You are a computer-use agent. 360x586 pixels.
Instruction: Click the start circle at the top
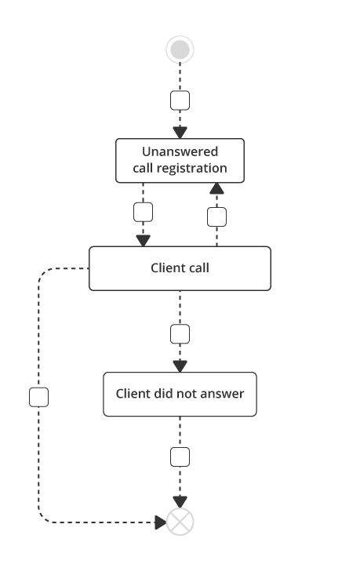(x=180, y=50)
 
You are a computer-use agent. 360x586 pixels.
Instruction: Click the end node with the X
(x=180, y=522)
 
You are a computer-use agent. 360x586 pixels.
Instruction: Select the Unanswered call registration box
(x=180, y=160)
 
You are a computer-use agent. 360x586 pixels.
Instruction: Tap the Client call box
(x=180, y=268)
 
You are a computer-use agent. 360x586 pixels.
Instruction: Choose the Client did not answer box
(x=180, y=394)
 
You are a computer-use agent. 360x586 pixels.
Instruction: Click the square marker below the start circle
(x=180, y=100)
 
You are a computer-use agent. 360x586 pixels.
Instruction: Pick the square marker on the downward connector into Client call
(x=143, y=212)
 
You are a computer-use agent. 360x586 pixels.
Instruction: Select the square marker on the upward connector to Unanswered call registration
(x=216, y=217)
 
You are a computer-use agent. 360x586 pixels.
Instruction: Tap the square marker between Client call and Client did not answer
(x=180, y=334)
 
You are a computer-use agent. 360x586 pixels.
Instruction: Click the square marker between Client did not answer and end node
(x=180, y=457)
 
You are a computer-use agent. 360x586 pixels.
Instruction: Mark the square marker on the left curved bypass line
(x=38, y=397)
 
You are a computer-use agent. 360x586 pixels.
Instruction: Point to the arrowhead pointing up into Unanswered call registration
(x=216, y=188)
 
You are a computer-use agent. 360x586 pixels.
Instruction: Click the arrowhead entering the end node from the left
(x=160, y=522)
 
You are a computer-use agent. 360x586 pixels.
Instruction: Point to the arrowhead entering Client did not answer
(x=180, y=366)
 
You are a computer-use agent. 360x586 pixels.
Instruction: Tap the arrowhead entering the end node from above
(x=180, y=501)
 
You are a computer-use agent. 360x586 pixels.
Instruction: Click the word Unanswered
(x=180, y=151)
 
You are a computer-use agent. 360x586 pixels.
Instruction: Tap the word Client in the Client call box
(x=167, y=268)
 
